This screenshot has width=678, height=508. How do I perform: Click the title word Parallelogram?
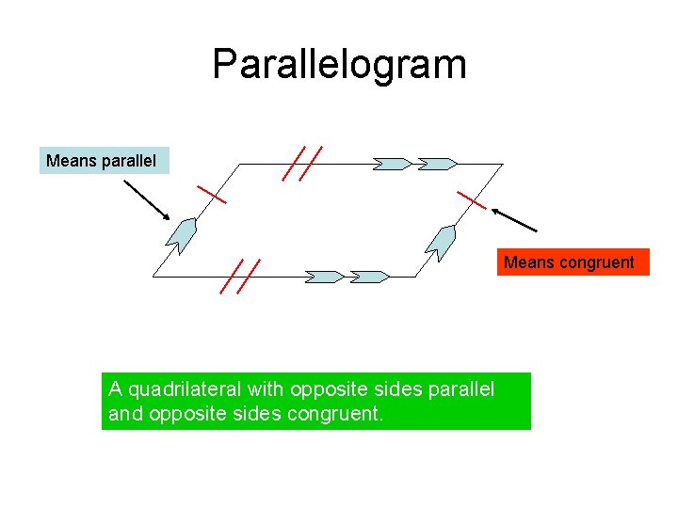click(339, 65)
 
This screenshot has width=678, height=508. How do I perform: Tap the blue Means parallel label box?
click(101, 161)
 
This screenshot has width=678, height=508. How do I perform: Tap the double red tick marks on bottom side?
click(240, 277)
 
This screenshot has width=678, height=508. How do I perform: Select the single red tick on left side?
click(212, 195)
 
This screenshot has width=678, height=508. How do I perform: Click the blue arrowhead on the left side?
click(181, 235)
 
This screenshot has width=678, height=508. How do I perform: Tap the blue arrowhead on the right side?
click(440, 242)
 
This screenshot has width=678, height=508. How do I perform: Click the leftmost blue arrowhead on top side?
click(392, 164)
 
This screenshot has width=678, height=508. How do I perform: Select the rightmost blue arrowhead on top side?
click(436, 164)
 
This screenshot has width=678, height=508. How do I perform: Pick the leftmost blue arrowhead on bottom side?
click(325, 277)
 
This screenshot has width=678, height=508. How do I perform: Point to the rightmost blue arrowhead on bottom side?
click(368, 277)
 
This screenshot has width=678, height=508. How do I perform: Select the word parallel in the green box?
click(460, 389)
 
